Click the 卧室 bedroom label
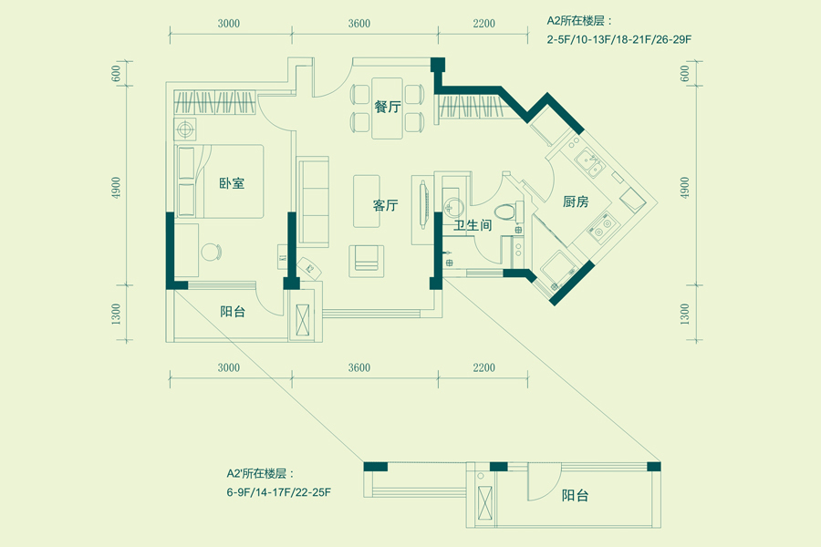[232, 183]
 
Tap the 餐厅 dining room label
[388, 107]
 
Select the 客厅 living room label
[386, 206]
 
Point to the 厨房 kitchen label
[576, 202]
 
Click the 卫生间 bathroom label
[473, 225]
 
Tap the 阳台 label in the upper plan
[233, 311]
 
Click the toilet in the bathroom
[513, 210]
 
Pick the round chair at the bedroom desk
[212, 251]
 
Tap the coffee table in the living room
[367, 201]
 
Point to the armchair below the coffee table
[367, 260]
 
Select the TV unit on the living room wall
[421, 206]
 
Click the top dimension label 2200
[483, 24]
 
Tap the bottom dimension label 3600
[359, 368]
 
